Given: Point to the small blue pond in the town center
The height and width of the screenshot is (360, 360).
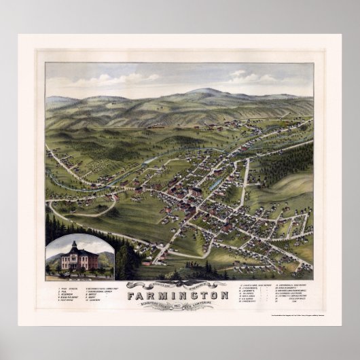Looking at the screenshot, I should click(215, 184).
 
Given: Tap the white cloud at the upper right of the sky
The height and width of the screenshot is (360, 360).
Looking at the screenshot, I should click(238, 75).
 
